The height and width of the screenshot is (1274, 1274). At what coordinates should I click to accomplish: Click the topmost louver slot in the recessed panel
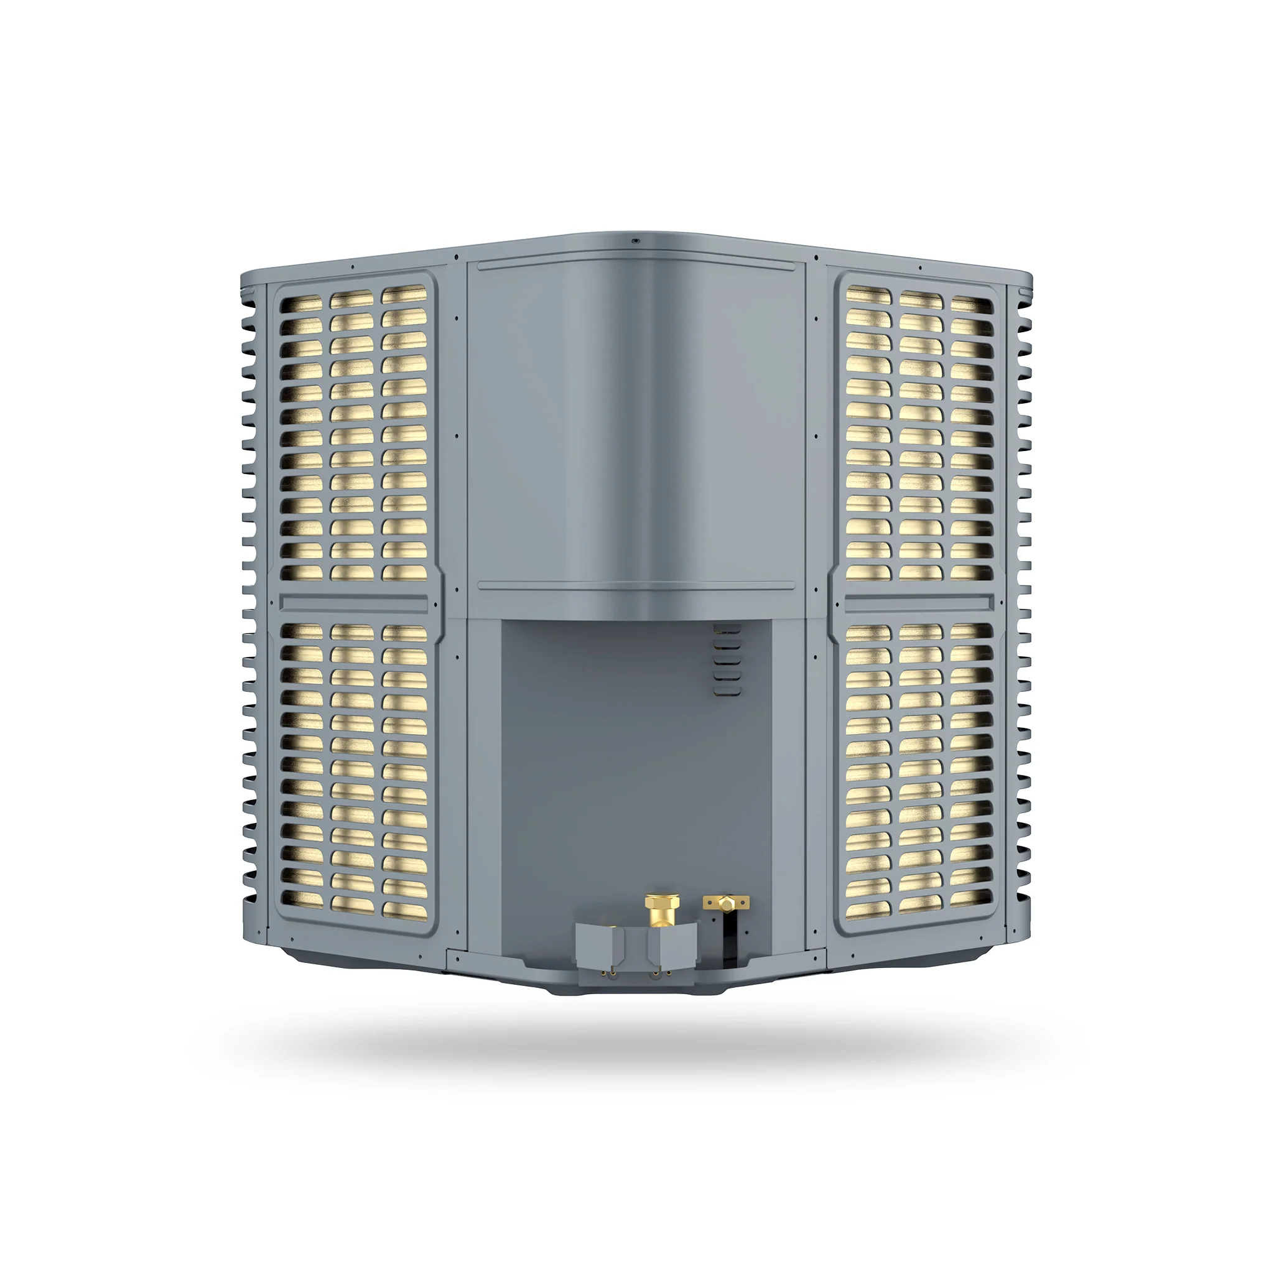(x=727, y=630)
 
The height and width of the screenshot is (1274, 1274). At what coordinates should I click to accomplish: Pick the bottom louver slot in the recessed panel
(x=727, y=691)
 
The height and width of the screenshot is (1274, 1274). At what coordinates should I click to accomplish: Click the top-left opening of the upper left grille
(x=301, y=305)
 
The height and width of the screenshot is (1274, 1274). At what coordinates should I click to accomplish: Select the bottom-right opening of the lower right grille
(x=970, y=898)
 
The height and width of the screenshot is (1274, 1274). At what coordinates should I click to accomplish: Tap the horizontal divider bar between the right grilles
(x=919, y=602)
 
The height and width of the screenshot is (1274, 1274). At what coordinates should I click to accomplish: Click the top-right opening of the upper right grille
(x=970, y=306)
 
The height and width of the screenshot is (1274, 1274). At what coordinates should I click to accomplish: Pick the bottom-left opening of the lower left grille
(x=301, y=900)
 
